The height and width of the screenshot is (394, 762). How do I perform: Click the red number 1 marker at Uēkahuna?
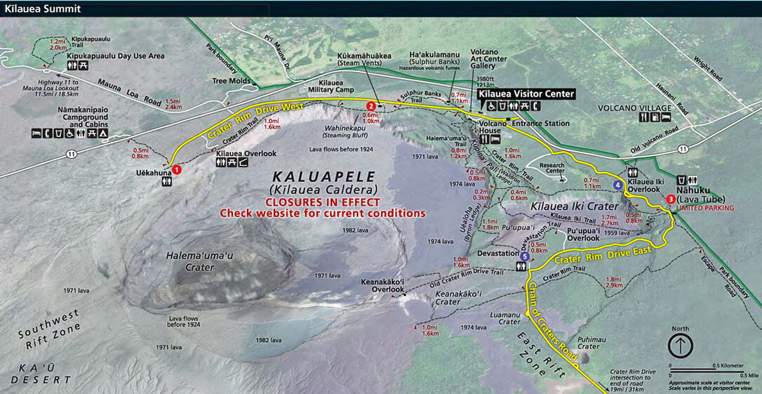click(x=177, y=169)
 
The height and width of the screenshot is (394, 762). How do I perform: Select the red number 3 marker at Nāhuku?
click(x=671, y=199)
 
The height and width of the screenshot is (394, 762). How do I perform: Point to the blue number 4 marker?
click(x=617, y=185)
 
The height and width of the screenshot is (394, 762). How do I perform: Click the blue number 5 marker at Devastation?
click(x=525, y=257)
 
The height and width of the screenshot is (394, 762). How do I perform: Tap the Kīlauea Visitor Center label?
click(x=526, y=93)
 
